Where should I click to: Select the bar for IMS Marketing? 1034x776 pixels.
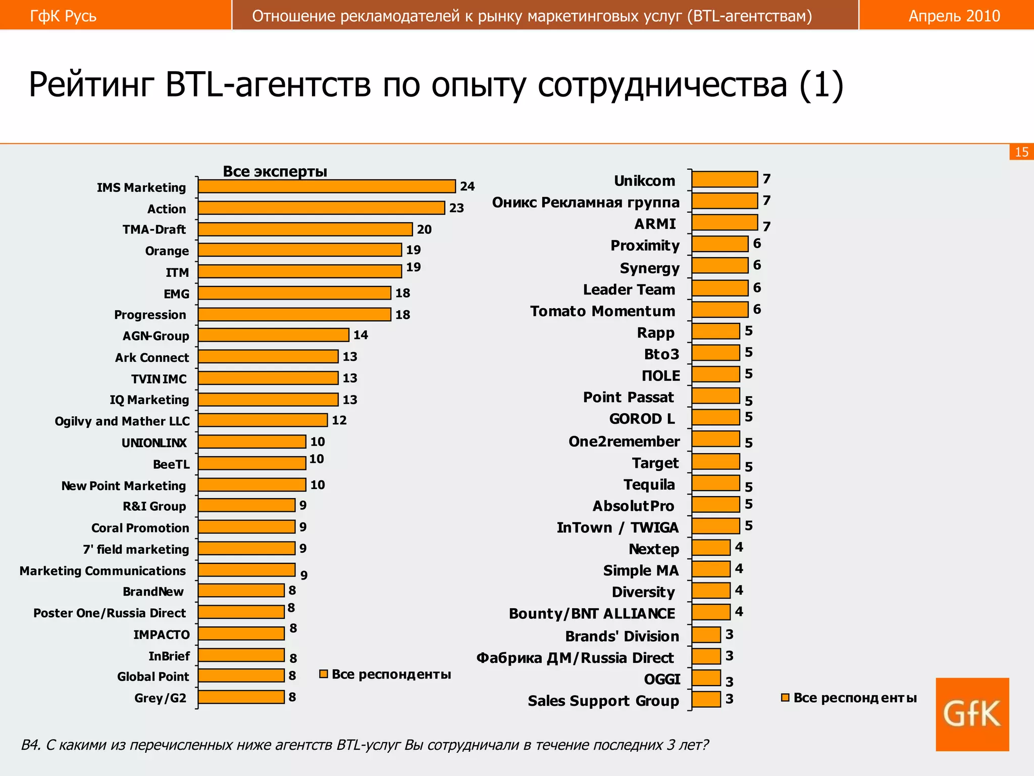tap(327, 186)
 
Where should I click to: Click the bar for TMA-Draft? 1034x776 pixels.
tap(305, 229)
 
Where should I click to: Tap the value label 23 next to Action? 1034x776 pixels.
tap(456, 208)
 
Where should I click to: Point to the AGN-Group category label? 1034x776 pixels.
tap(156, 336)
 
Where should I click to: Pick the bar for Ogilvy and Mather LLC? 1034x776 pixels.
tap(263, 420)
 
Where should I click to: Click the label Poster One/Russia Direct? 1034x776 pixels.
tap(110, 613)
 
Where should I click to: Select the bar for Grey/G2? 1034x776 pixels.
tap(241, 697)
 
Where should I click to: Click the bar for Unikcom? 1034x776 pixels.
tap(725, 179)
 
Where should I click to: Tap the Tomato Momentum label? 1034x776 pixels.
tap(602, 311)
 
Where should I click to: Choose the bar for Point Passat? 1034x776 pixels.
tap(715, 396)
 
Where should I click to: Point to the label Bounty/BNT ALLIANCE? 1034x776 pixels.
tap(592, 613)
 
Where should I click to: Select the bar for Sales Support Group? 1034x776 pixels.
tap(706, 699)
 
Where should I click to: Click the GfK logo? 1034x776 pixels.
tap(972, 714)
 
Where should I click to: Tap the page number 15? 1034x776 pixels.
tap(1021, 152)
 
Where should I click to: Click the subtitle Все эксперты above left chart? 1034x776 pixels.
tap(275, 171)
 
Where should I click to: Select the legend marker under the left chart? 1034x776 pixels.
tap(324, 674)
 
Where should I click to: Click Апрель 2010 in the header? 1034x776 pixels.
tap(954, 16)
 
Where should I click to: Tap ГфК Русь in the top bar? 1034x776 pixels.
tap(63, 16)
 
